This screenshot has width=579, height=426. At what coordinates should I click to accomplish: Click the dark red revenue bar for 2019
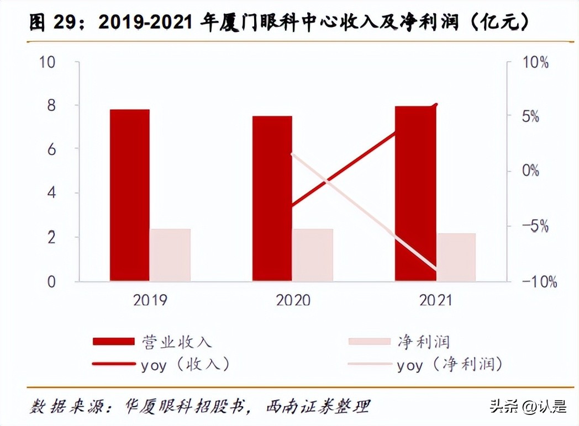tap(129, 195)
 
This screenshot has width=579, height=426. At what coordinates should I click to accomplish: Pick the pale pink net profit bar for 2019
tap(170, 255)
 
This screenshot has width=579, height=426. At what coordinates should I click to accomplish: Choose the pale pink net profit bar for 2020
tap(313, 255)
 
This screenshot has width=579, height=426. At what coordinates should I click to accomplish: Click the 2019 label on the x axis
tap(150, 300)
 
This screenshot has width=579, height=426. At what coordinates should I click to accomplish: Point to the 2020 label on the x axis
tap(293, 300)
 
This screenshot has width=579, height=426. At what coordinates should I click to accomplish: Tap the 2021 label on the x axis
tap(435, 300)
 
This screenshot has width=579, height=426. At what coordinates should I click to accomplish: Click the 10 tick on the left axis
tap(48, 62)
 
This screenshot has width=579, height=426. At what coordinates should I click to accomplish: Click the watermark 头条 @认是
tap(528, 407)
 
